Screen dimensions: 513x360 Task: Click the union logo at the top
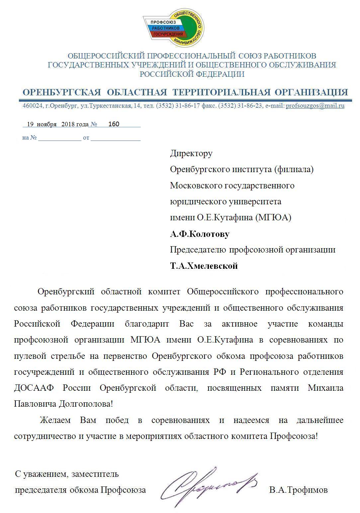coord(174,28)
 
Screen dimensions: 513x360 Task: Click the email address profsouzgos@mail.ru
coord(315,106)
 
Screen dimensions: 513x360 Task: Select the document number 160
coord(114,124)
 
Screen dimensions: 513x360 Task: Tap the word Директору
coord(191,153)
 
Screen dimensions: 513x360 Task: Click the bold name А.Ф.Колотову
coord(200,234)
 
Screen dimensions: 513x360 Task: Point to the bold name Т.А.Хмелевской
coord(204,266)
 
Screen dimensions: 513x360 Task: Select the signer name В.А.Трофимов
coord(299,490)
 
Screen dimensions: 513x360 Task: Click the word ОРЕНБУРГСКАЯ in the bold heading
coord(61,92)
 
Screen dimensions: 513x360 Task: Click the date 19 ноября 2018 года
coord(57,124)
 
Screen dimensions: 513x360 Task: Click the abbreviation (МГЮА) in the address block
coord(273,218)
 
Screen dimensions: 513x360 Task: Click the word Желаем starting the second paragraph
coord(55,420)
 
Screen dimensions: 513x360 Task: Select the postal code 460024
coord(32,106)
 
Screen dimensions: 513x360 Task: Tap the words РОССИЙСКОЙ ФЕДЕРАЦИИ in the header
coord(192,74)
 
